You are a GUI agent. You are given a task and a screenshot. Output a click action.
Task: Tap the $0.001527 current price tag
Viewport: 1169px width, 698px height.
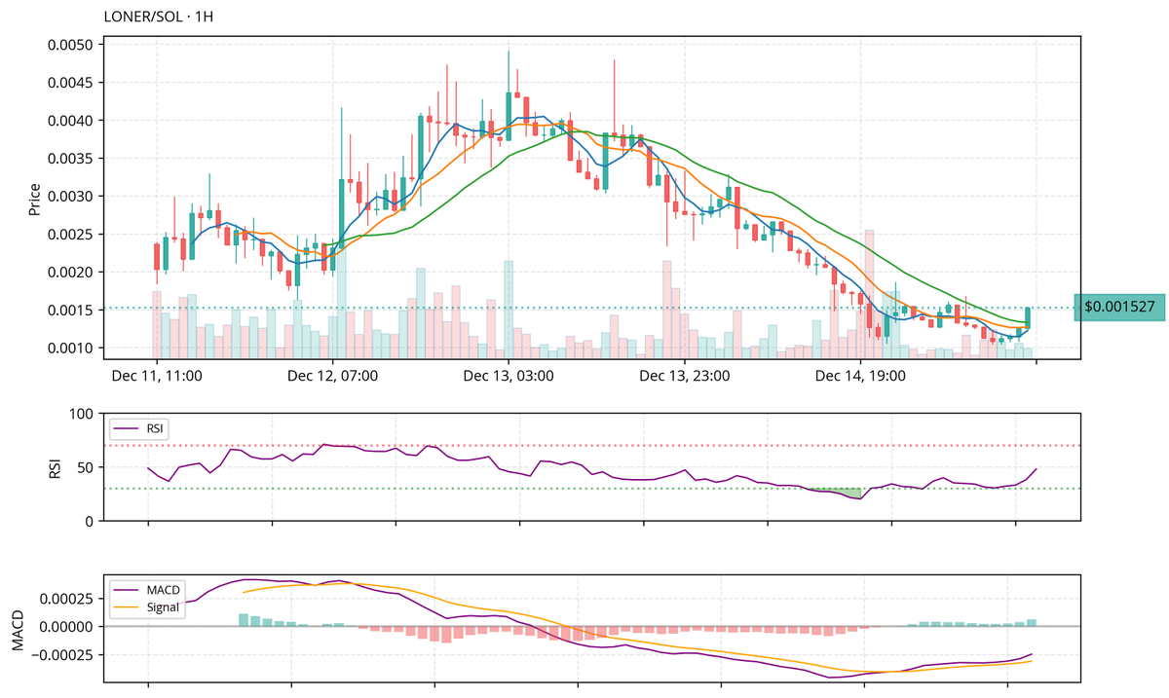[1119, 308]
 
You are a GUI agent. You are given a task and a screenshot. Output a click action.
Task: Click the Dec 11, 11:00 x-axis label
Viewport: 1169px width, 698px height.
[157, 375]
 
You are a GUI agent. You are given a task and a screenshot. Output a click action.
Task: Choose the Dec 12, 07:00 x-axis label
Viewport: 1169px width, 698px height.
[333, 375]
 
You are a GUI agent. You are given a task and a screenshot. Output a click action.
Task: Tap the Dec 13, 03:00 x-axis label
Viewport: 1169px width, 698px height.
[509, 375]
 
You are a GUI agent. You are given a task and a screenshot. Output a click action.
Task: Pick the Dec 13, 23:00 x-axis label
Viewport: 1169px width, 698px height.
[684, 375]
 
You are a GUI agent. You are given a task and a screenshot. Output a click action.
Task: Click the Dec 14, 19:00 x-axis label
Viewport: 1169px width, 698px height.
[860, 375]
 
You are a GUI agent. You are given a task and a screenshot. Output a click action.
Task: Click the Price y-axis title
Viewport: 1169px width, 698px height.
[34, 197]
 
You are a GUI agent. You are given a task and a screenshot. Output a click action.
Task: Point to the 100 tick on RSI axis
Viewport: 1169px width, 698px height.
[81, 415]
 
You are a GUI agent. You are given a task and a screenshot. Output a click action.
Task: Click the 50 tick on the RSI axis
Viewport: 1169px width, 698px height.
[85, 468]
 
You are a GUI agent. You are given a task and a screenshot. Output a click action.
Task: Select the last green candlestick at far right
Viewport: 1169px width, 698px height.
[1028, 317]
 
